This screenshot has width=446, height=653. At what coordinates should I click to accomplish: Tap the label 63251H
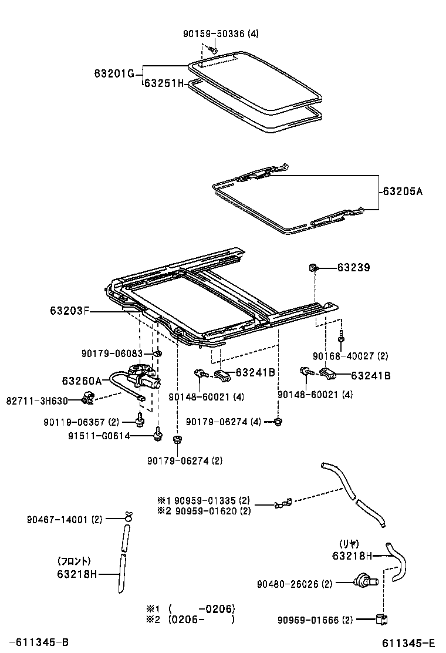pos(164,84)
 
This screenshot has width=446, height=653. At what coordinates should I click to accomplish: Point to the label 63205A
pos(403,191)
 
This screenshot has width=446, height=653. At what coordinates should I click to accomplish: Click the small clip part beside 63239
pos(314,268)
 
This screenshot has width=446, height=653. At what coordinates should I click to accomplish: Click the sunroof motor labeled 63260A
pos(143,378)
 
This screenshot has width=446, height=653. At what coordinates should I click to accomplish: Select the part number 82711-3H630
pos(37,400)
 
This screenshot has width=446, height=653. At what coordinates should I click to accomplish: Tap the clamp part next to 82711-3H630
pos(89,398)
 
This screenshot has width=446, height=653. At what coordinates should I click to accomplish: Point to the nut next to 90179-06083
pos(158,354)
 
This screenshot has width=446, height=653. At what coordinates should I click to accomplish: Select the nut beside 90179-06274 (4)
pos(278,421)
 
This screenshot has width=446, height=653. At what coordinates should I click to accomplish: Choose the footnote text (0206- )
pos(201,619)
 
